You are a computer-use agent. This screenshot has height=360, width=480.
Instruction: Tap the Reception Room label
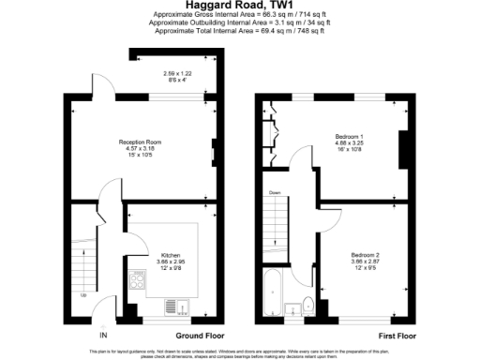pyautogui.click(x=141, y=142)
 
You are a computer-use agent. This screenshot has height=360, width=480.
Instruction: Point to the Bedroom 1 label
pyautogui.click(x=349, y=138)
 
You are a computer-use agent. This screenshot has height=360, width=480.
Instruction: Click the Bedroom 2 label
pyautogui.click(x=366, y=254)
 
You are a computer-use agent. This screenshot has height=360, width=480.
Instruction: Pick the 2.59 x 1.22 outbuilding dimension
pyautogui.click(x=177, y=73)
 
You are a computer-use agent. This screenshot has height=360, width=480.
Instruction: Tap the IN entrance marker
pyautogui.click(x=104, y=335)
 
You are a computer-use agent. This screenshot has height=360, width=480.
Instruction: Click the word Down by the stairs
pyautogui.click(x=274, y=192)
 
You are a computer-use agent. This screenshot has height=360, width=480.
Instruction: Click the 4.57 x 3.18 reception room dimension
pyautogui.click(x=141, y=148)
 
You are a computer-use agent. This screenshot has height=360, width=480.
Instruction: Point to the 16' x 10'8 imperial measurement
pyautogui.click(x=349, y=151)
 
